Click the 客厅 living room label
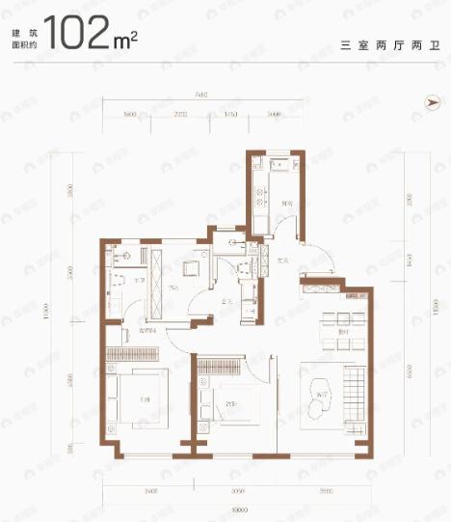[326, 397]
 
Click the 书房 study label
[172, 287]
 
